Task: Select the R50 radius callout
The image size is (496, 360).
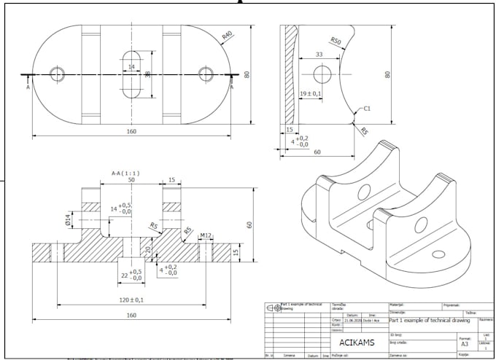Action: (336, 41)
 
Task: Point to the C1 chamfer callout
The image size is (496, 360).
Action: (367, 108)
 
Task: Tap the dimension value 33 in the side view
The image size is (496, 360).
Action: (319, 55)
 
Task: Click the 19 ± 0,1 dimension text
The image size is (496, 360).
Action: (311, 93)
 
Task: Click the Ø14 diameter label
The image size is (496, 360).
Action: (68, 220)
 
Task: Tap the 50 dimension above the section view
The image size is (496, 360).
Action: (131, 179)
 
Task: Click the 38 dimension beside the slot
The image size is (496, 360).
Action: (147, 74)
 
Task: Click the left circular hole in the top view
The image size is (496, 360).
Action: (57, 74)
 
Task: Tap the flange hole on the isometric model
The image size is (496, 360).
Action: (438, 254)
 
